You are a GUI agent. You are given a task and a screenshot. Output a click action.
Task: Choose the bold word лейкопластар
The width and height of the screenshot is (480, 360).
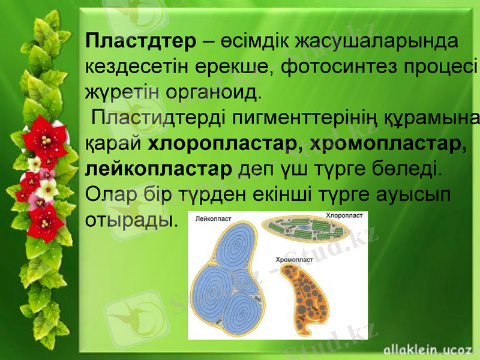pos(159,170)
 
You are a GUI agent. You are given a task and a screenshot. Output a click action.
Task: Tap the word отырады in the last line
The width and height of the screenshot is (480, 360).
pos(131,220)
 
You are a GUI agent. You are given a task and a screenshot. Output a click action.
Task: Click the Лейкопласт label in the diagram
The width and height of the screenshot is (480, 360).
pos(214,220)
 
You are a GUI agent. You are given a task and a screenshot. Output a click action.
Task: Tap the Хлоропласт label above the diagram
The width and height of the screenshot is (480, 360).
pos(344,214)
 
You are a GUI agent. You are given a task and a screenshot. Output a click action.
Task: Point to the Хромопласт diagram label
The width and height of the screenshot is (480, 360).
pos(294,260)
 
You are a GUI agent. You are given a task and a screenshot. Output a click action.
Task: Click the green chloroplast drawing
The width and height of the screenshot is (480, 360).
pos(304,232)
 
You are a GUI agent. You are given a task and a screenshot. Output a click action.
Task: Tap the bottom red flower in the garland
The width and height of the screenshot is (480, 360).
pos(45,220)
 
